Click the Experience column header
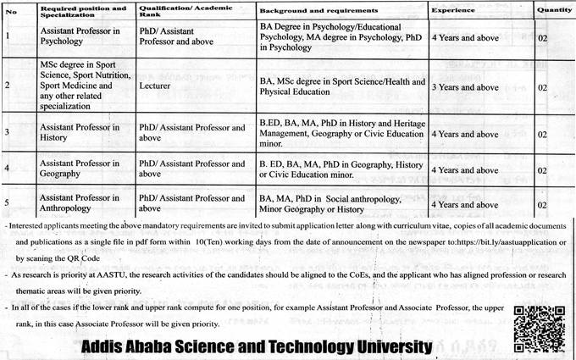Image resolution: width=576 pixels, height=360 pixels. [x=452, y=8]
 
